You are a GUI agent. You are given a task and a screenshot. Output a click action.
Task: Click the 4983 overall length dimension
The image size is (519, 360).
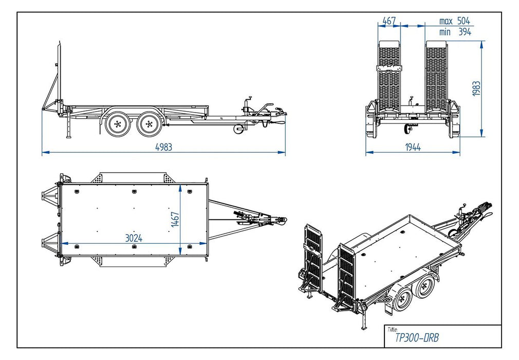[164, 147]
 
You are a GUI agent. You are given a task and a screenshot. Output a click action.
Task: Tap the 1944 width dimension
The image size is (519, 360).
[412, 147]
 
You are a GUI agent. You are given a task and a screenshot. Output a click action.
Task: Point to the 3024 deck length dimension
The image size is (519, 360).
[133, 238]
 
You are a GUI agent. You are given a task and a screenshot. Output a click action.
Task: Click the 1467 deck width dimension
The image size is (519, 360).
[175, 220]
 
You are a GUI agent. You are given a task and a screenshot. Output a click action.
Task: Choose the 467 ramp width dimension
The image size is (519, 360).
[389, 21]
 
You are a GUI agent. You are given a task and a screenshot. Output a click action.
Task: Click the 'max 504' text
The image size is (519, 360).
[454, 21]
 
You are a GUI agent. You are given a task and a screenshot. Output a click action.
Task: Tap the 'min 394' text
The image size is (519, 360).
[454, 32]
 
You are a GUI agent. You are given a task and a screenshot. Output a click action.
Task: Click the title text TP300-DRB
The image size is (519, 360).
[417, 338]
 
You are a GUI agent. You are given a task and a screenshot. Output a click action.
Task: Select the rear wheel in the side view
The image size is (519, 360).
[118, 123]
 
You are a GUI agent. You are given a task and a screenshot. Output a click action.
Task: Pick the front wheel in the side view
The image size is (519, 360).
[149, 123]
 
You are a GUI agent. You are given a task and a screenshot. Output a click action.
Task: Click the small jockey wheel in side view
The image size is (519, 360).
[238, 129]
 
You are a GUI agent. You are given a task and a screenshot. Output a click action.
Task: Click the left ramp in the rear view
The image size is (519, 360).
[389, 75]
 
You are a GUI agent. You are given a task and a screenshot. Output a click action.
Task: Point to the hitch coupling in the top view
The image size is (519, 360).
[277, 221]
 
